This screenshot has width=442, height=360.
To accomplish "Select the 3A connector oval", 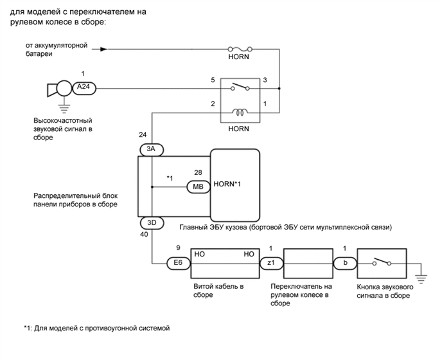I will [152, 149].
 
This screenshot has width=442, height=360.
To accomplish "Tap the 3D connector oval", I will [152, 224].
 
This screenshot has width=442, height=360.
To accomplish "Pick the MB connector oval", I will [197, 187].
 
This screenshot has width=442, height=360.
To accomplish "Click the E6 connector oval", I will [177, 262].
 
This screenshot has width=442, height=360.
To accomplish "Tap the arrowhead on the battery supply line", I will [103, 48].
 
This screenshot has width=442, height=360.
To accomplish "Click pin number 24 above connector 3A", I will [142, 135].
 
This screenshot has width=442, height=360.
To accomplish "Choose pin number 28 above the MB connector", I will [197, 174].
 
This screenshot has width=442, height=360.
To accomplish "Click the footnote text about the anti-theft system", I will [96, 327].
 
